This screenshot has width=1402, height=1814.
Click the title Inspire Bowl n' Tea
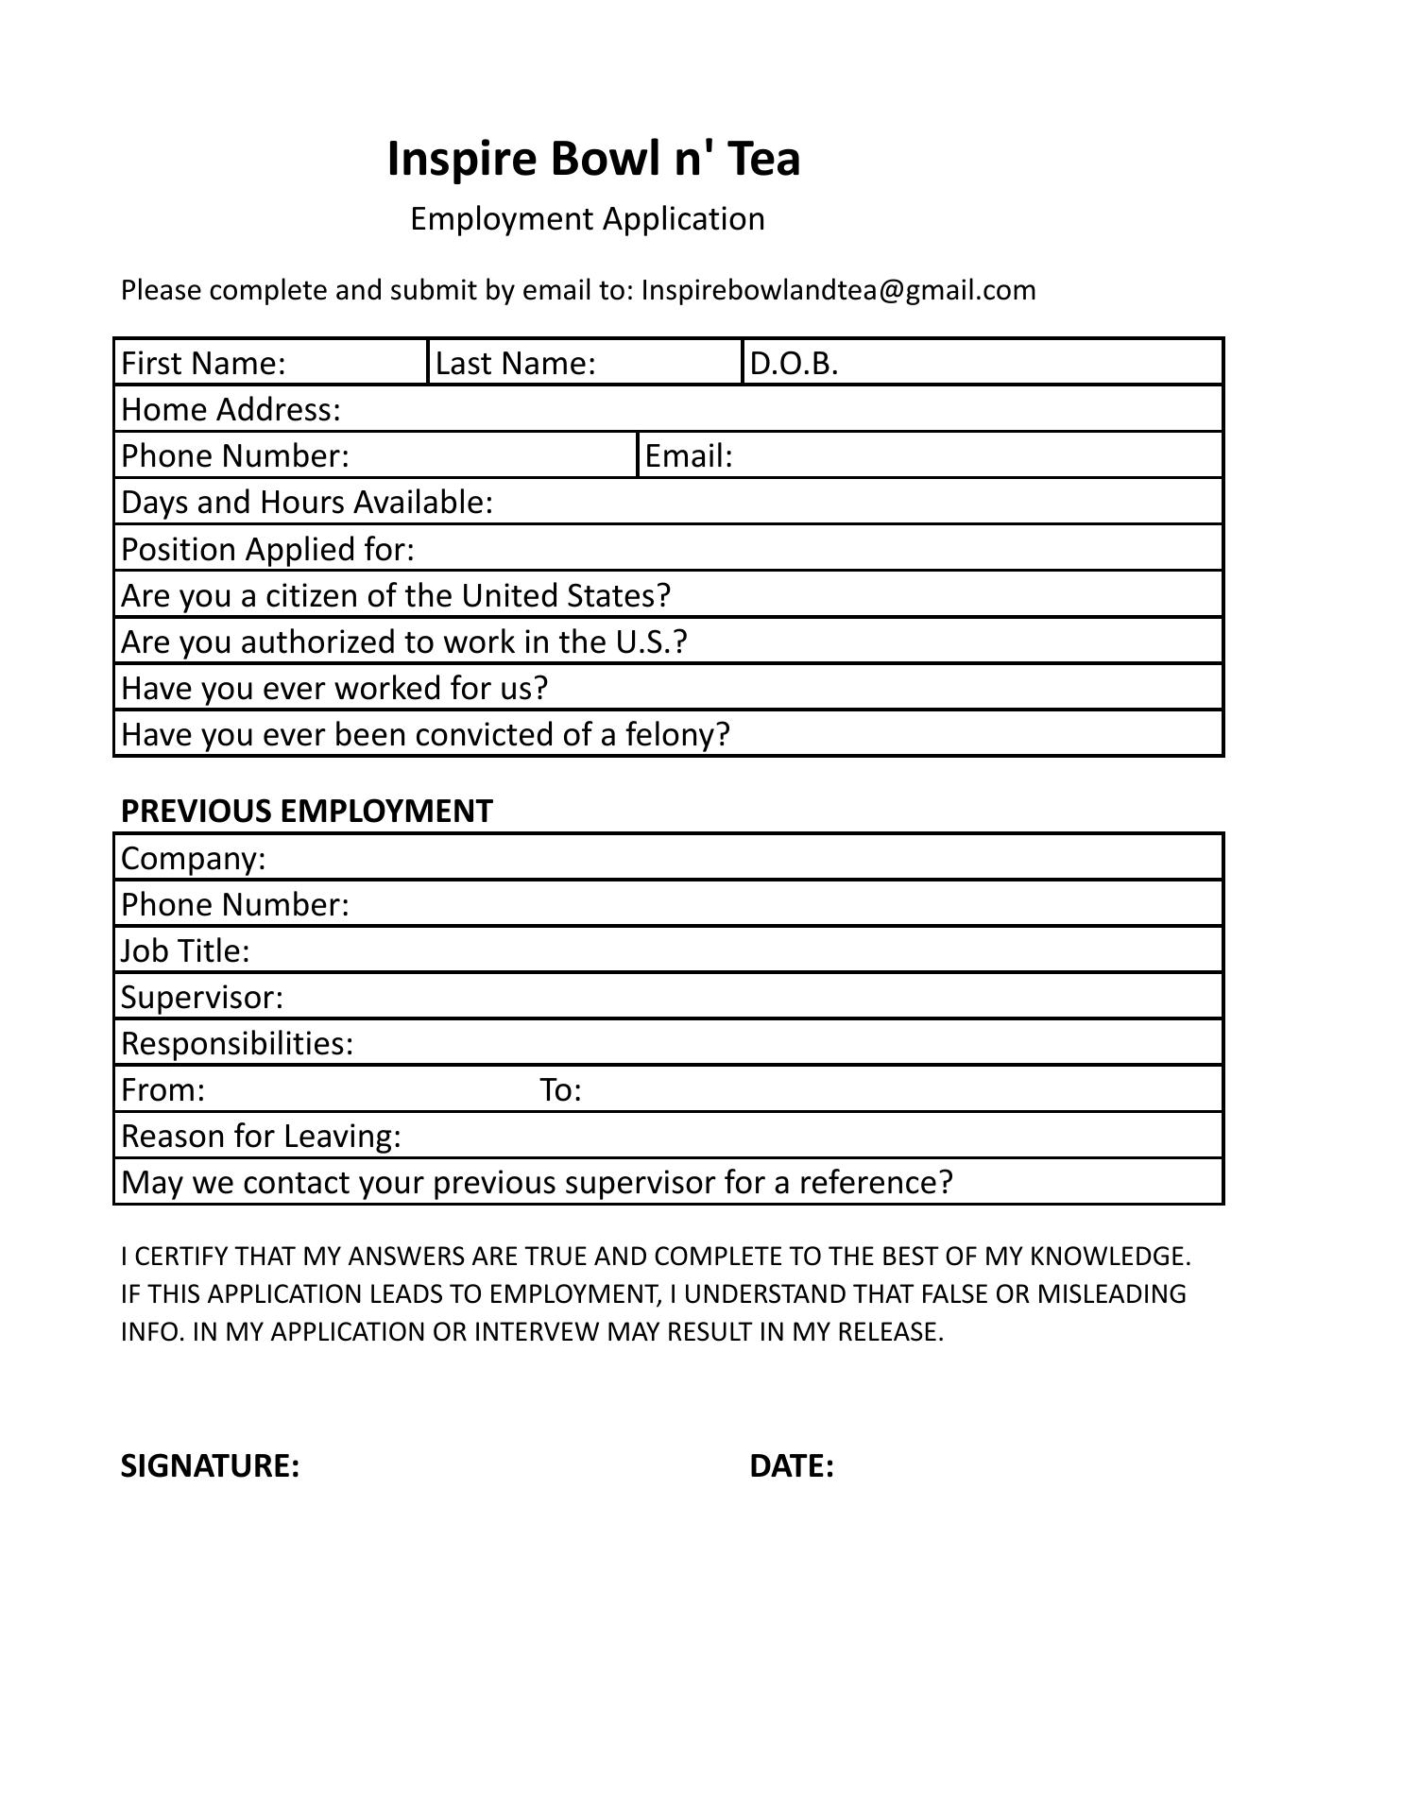coord(593,159)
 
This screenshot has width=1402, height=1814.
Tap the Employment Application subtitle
coord(587,219)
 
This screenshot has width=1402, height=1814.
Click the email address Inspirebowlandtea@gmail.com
coord(838,290)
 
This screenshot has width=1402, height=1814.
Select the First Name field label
coord(203,363)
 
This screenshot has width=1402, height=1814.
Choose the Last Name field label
coord(515,363)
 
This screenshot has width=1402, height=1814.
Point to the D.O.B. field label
coord(794,363)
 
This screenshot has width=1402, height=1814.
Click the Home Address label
coord(231,409)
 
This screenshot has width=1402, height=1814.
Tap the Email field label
coord(689,456)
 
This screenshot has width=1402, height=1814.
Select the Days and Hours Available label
coord(307,503)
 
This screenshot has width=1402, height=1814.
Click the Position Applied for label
coord(267,549)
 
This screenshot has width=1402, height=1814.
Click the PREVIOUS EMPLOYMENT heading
coord(306,812)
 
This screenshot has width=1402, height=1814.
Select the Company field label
coord(194,859)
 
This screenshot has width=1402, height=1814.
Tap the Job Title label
coord(185,951)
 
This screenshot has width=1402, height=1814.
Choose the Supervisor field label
coord(202,998)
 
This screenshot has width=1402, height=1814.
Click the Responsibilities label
coord(237,1044)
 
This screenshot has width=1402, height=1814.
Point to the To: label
coord(560,1090)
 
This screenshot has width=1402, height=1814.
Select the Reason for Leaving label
coord(261,1137)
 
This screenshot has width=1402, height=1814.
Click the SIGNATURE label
coord(210,1466)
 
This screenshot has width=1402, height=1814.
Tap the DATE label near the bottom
coord(791,1466)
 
